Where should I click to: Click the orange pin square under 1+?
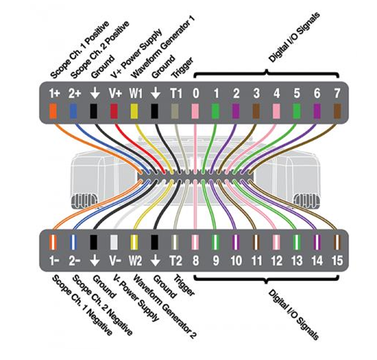pyautogui.click(x=53, y=111)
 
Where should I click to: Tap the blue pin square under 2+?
pyautogui.click(x=74, y=111)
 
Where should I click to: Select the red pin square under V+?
pyautogui.click(x=114, y=111)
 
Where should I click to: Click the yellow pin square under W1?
pyautogui.click(x=134, y=111)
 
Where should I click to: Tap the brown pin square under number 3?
pyautogui.click(x=256, y=111)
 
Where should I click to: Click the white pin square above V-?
pyautogui.click(x=114, y=242)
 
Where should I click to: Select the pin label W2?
pyautogui.click(x=135, y=260)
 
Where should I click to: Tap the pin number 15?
pyautogui.click(x=336, y=260)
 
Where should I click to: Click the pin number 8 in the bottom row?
pyautogui.click(x=195, y=260)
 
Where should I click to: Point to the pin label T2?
pyautogui.click(x=175, y=260)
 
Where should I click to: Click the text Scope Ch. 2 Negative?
pyautogui.click(x=103, y=305)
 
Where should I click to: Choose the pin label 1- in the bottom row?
pyautogui.click(x=53, y=260)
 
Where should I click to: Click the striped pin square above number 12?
pyautogui.click(x=276, y=242)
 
